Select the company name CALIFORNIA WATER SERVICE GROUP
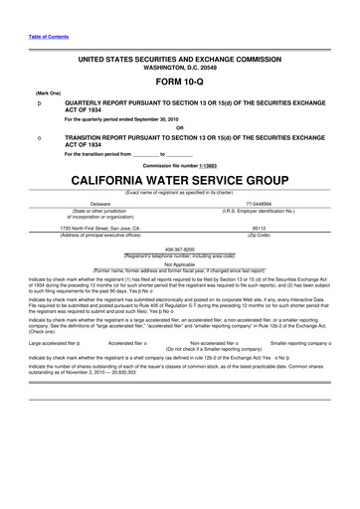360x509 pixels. (x=180, y=181)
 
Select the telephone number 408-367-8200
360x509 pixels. (x=180, y=251)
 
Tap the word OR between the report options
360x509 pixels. (x=180, y=126)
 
